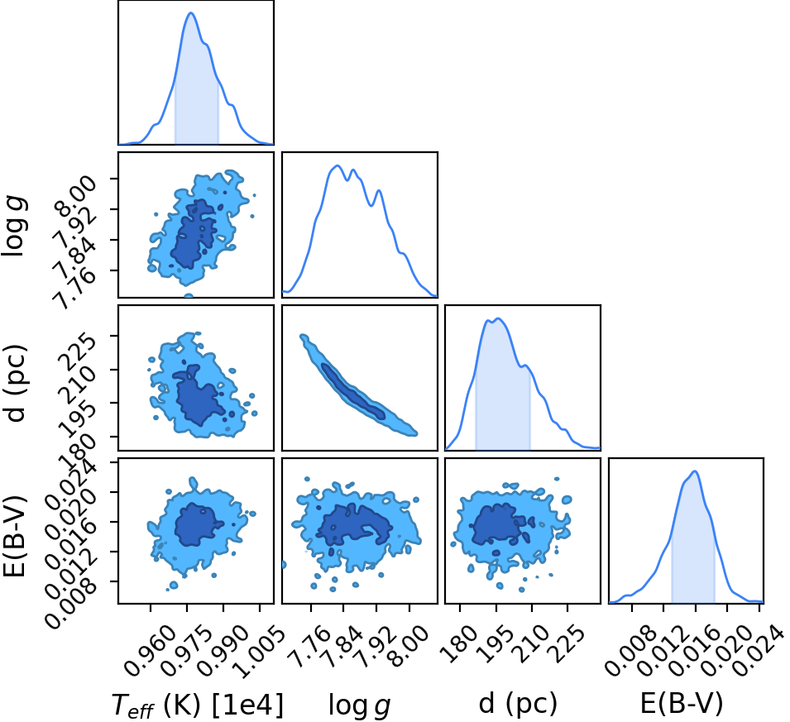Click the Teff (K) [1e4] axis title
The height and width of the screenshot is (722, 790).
[x=198, y=705]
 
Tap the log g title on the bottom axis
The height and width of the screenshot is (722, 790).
[x=359, y=705]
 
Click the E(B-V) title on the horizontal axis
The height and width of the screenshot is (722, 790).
[x=682, y=703]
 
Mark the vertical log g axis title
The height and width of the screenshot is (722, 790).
[x=15, y=227]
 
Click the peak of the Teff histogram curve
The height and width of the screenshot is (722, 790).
[x=191, y=12]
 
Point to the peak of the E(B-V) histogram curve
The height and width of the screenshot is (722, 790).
[x=695, y=471]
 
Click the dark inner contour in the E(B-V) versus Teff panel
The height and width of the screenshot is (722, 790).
[x=198, y=524]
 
